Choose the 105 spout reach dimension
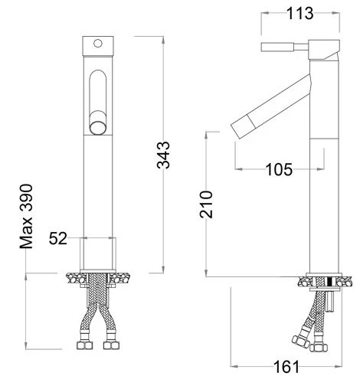pos(279,169)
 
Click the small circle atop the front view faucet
pos(97,44)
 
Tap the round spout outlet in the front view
pos(97,125)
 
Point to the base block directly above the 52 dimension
pos(97,253)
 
